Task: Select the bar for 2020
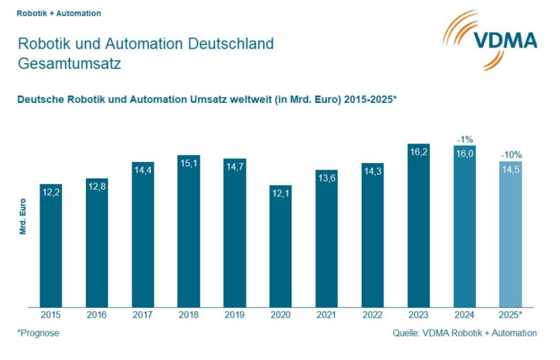click(281, 246)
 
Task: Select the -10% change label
click(511, 155)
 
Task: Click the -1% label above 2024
click(464, 139)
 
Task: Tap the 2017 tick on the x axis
click(143, 315)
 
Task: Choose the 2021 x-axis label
click(326, 315)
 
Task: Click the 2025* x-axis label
click(511, 315)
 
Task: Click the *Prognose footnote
click(38, 333)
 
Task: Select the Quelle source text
click(464, 333)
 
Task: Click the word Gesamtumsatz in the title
click(69, 63)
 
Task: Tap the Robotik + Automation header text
click(59, 13)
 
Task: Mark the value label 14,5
click(510, 170)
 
